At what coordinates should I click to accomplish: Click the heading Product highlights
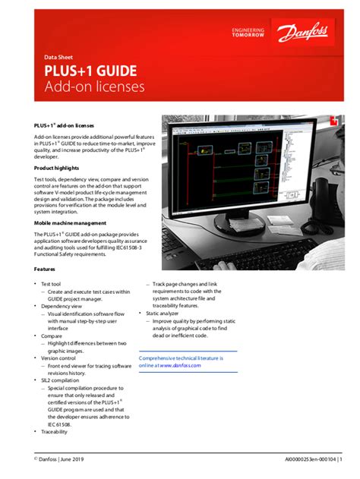tap(56, 167)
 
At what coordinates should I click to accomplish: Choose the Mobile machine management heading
tap(70, 223)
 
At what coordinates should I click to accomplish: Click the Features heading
tap(45, 269)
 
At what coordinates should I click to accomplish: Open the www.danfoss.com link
tap(182, 365)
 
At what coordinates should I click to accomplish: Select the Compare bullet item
tap(52, 335)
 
